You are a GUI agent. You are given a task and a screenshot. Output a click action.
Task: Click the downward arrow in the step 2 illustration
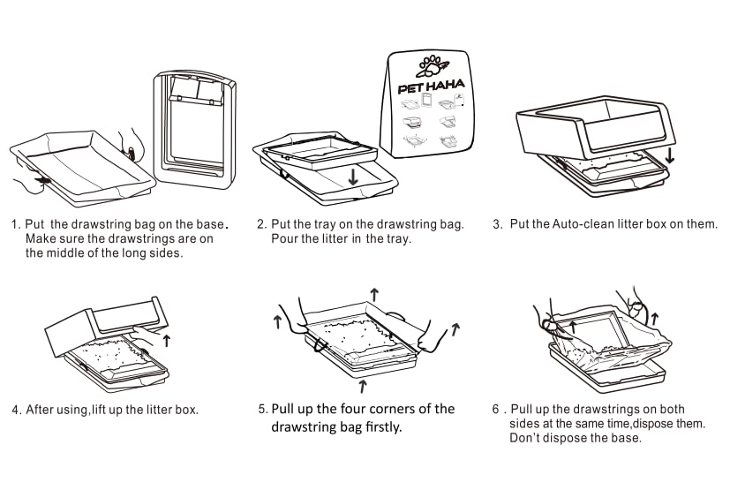pyautogui.click(x=353, y=176)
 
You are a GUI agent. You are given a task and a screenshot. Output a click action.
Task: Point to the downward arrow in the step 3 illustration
pyautogui.click(x=669, y=155)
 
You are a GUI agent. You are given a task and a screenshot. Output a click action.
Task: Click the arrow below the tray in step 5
pyautogui.click(x=363, y=385)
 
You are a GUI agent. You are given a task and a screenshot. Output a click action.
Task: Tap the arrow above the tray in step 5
pyautogui.click(x=373, y=294)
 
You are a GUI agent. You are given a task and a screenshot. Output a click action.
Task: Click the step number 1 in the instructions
pyautogui.click(x=15, y=224)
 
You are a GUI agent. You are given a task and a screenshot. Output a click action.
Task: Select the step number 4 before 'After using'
pyautogui.click(x=15, y=410)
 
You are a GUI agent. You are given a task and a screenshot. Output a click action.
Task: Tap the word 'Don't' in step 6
pyautogui.click(x=524, y=438)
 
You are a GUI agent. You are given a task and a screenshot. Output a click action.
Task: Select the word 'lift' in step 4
pyautogui.click(x=118, y=410)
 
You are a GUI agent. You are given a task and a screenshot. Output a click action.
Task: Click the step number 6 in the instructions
pyautogui.click(x=495, y=410)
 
